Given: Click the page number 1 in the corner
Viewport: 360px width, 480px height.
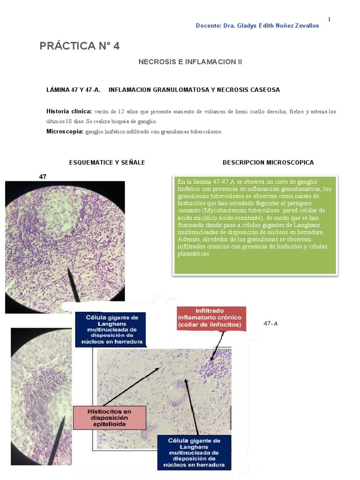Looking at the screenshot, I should pyautogui.click(x=329, y=19).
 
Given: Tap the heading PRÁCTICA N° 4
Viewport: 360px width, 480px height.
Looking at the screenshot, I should pyautogui.click(x=80, y=46).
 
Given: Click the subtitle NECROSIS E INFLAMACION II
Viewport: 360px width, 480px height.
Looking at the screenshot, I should pyautogui.click(x=190, y=62).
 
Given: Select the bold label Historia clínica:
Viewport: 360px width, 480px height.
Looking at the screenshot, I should pyautogui.click(x=69, y=112).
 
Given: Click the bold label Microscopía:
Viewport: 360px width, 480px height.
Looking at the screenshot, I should pyautogui.click(x=65, y=131).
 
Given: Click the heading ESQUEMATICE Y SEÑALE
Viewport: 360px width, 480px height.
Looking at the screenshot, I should pyautogui.click(x=107, y=163).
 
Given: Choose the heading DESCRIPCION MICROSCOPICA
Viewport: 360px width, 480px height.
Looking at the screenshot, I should pyautogui.click(x=268, y=163).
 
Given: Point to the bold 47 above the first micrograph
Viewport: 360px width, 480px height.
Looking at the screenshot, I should pyautogui.click(x=43, y=177).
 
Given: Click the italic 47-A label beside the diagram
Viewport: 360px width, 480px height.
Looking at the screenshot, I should pyautogui.click(x=270, y=323).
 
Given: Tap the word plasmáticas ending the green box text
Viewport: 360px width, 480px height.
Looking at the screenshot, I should pyautogui.click(x=194, y=254).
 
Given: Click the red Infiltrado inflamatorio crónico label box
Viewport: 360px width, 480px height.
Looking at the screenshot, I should pyautogui.click(x=211, y=318).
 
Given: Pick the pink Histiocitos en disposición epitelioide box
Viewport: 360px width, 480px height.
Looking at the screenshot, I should pyautogui.click(x=110, y=418).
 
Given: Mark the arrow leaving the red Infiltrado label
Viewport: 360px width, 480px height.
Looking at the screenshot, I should pyautogui.click(x=218, y=345).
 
